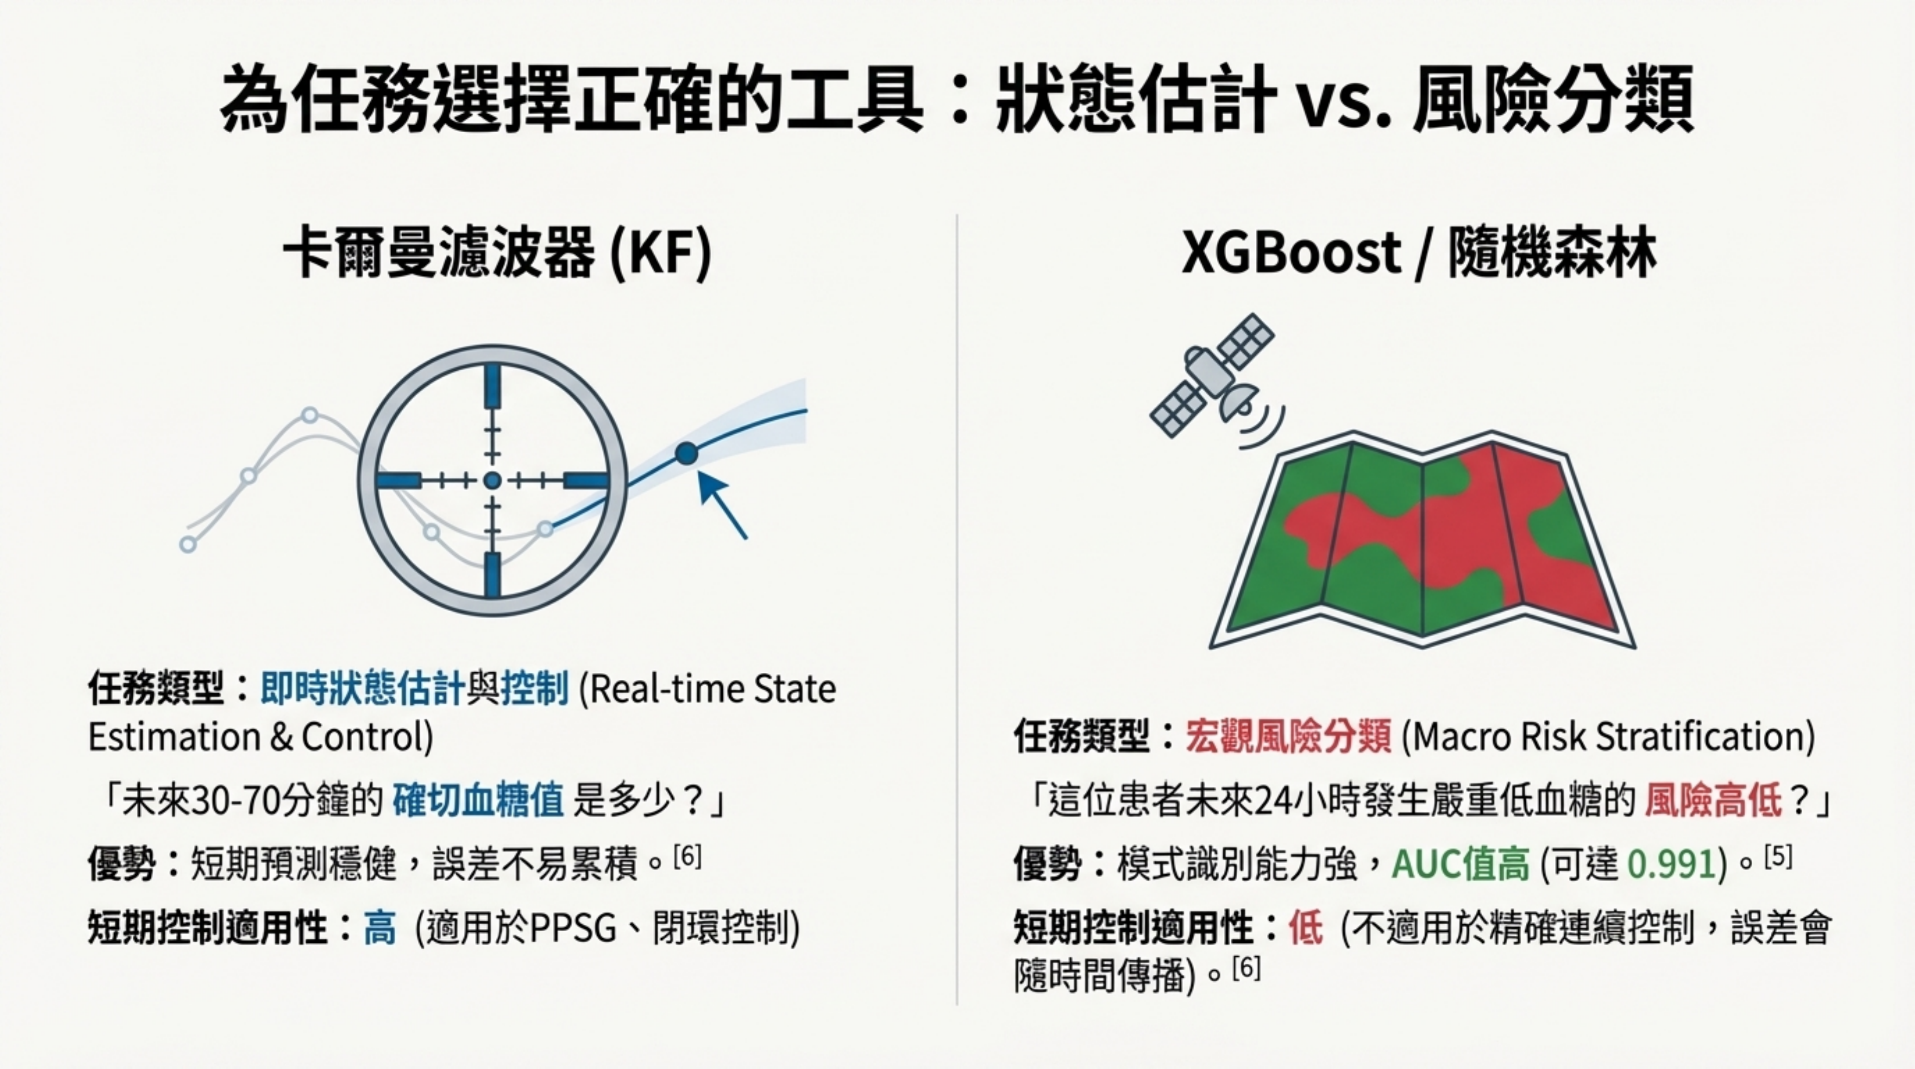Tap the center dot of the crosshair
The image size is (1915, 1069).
coord(492,480)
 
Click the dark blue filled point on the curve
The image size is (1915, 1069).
coord(686,453)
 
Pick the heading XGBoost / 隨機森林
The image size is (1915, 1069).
coord(1419,254)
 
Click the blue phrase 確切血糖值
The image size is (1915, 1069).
coord(477,801)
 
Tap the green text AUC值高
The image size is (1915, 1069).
coord(1460,864)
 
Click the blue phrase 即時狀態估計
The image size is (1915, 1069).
coord(362,688)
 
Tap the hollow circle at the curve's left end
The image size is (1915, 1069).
coord(188,544)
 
